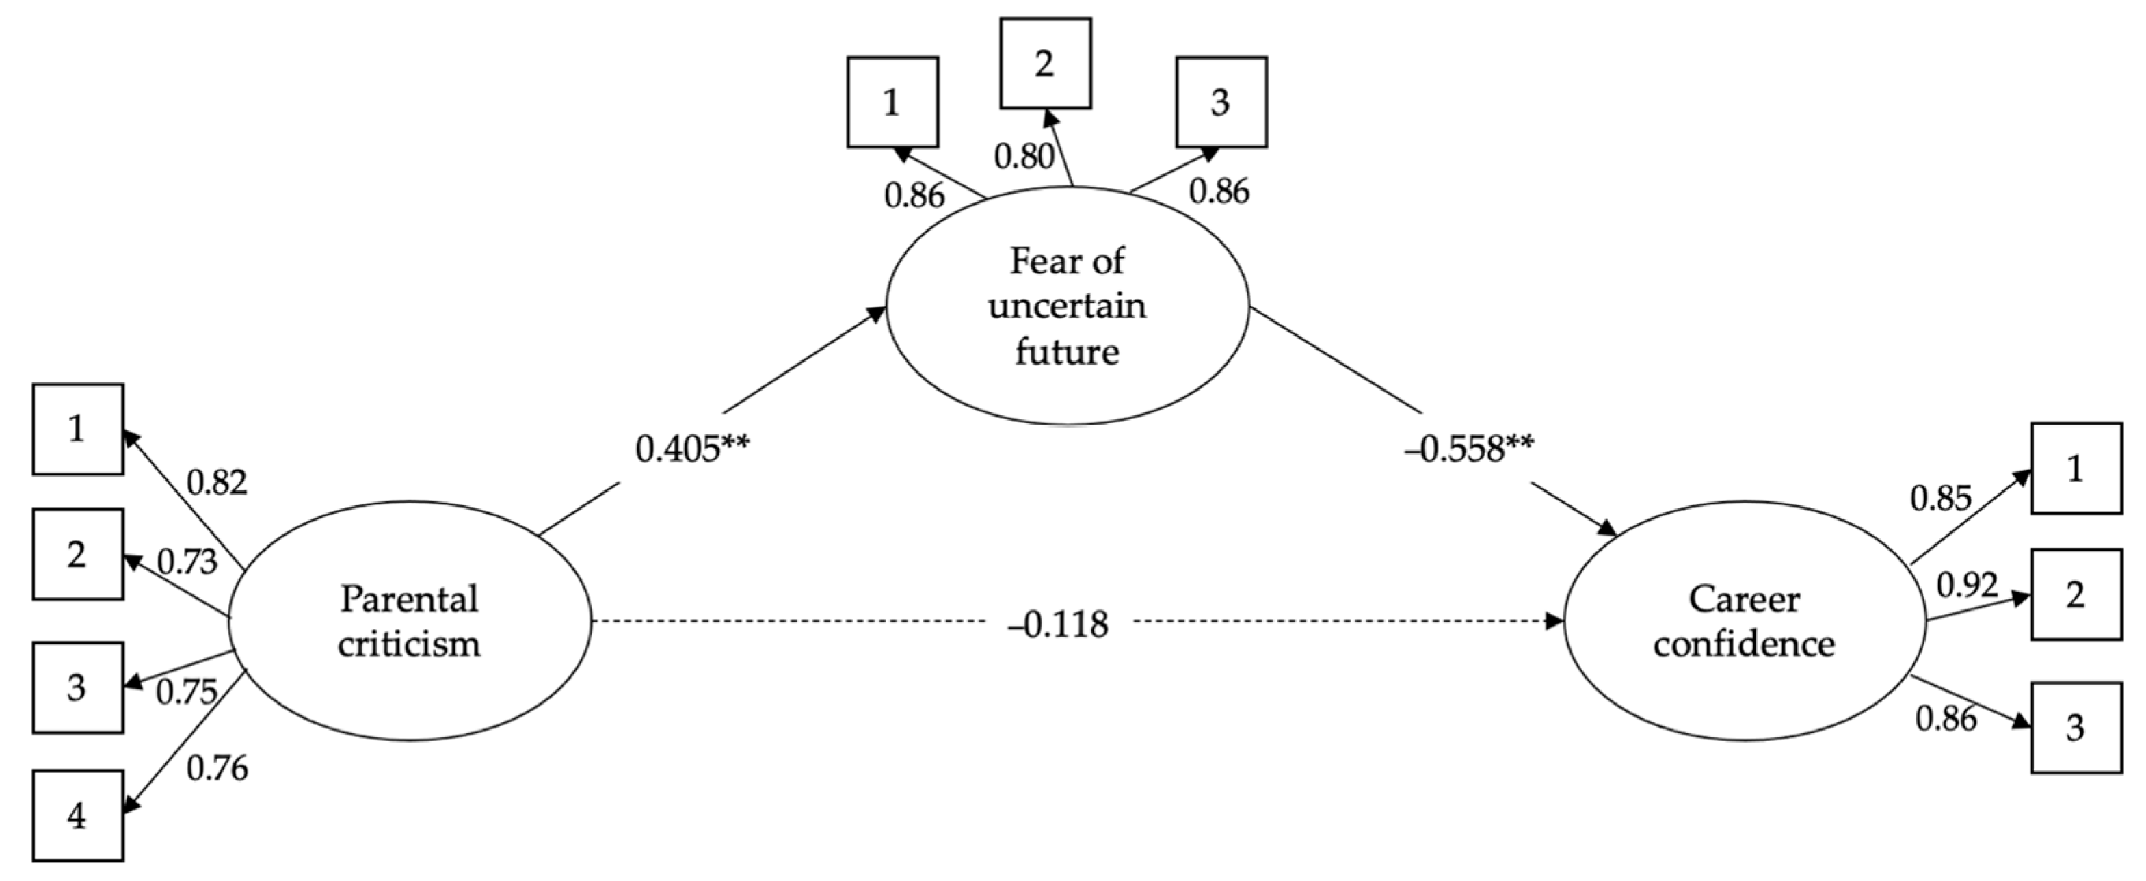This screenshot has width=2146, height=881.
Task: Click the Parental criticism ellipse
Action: [x=409, y=621]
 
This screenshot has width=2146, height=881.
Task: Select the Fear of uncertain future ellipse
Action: [x=1067, y=306]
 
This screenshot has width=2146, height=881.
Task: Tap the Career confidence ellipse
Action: [x=1745, y=621]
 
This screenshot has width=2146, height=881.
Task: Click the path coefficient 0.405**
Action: [x=692, y=449]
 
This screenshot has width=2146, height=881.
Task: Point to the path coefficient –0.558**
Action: [x=1468, y=449]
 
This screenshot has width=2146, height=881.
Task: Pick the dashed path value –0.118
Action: [x=1058, y=624]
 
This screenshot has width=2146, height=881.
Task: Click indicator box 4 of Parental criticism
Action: [x=77, y=815]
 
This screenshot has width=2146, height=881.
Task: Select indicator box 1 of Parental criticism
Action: [x=77, y=430]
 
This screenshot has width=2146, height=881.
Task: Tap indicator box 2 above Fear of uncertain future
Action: [x=1045, y=64]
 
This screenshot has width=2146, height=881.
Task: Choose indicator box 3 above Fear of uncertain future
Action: [x=1221, y=103]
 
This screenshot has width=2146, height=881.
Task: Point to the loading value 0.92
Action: [x=1967, y=586]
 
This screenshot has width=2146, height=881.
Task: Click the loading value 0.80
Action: [x=1024, y=156]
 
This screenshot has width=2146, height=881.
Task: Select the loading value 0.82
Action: [x=217, y=483]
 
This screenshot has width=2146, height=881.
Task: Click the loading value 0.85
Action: [x=1941, y=499]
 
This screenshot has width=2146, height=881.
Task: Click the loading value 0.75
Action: [x=187, y=691]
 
